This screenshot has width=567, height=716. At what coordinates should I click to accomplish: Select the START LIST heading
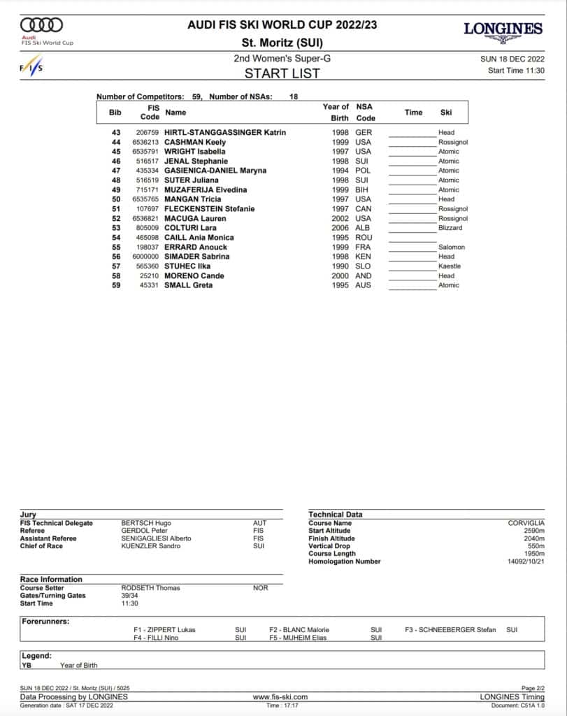click(282, 73)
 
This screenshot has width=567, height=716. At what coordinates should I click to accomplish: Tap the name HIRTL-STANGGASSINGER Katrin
click(224, 132)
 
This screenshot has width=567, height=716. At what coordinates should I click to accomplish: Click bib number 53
click(116, 228)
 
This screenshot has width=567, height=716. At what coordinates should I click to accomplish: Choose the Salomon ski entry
click(451, 247)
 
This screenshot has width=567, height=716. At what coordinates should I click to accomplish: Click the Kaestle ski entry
click(449, 266)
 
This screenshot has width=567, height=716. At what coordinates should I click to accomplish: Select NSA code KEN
click(364, 257)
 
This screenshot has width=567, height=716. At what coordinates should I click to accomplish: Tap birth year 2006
click(340, 228)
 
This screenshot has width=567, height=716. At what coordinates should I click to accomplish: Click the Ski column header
click(446, 112)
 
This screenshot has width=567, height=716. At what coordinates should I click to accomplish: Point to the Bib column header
click(115, 112)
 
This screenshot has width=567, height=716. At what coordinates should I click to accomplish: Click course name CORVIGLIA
click(526, 523)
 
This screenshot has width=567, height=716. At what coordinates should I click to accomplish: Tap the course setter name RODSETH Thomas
click(150, 588)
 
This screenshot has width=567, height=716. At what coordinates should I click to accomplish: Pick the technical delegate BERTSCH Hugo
click(145, 523)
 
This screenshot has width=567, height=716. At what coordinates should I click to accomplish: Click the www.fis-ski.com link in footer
click(280, 696)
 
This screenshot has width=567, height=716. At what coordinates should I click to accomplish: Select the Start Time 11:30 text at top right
click(515, 71)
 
